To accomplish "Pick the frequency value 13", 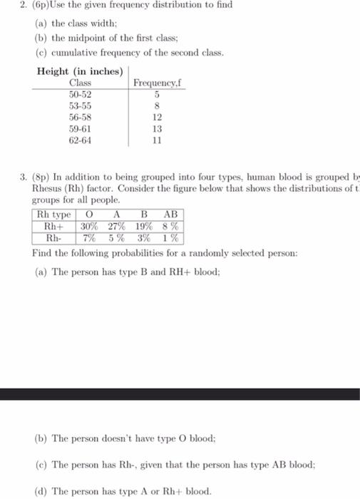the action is (158, 129).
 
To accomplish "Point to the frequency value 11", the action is (158, 140).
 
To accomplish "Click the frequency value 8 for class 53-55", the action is (157, 106).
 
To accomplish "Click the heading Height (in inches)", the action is (80, 71).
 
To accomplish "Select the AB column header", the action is (171, 215).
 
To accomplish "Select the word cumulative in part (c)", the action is (81, 54).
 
